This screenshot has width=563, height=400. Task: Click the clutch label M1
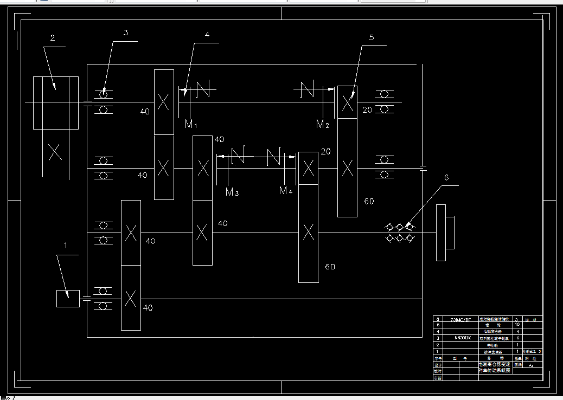[191, 125]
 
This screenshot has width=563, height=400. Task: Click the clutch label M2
[323, 125]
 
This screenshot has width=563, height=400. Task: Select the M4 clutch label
[286, 190]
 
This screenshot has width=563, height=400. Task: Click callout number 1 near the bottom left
[66, 245]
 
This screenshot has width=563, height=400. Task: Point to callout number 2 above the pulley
[53, 38]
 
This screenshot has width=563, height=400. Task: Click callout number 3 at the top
[126, 33]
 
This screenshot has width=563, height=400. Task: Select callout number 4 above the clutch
[207, 35]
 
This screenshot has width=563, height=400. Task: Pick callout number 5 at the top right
[371, 37]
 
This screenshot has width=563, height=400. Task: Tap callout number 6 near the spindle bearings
[446, 177]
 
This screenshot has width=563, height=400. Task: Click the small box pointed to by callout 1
[68, 298]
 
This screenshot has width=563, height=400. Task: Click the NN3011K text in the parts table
[462, 338]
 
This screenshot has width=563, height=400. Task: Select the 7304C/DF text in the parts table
[462, 320]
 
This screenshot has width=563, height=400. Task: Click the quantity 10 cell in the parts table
[516, 325]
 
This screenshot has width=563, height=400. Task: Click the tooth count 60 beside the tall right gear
[369, 201]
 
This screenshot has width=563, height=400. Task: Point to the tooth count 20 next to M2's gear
[367, 110]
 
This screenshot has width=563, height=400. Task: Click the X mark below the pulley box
[55, 152]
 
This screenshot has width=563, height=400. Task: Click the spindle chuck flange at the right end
[441, 233]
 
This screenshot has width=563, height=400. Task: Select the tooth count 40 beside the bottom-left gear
[148, 308]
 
